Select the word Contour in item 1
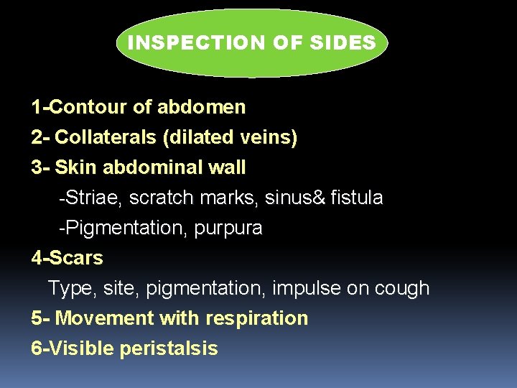[x=90, y=108]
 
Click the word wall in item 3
[x=226, y=168]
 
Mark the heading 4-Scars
[x=67, y=258]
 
